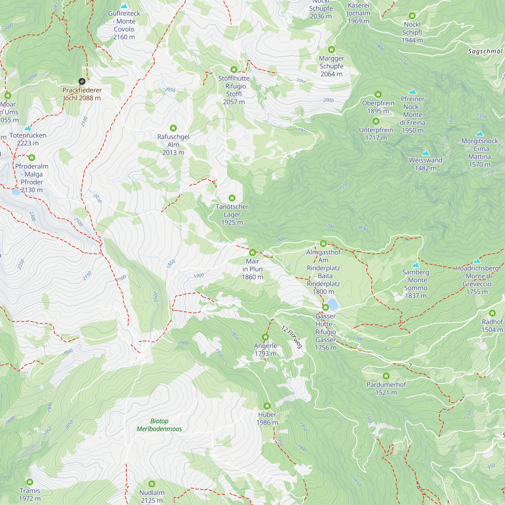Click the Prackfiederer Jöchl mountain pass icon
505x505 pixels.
[x=82, y=81]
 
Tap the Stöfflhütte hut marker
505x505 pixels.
[x=234, y=69]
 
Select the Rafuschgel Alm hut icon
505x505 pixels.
[x=173, y=128]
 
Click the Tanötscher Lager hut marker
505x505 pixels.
[x=232, y=198]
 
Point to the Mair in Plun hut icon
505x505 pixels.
[x=252, y=252]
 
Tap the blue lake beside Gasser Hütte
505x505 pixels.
[x=333, y=304]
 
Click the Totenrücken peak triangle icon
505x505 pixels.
[x=28, y=128]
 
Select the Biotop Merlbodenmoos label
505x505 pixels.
[x=159, y=425]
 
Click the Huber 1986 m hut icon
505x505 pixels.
[x=267, y=406]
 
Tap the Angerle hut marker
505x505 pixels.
[x=265, y=337]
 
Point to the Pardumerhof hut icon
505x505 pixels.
[x=386, y=376]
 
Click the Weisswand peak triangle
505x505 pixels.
[x=425, y=153]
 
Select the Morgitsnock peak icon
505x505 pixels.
[x=479, y=134]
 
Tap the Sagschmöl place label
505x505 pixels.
[x=485, y=52]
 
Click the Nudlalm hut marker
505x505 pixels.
[x=151, y=484]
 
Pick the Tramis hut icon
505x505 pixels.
[x=30, y=482]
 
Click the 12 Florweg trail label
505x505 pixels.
[x=292, y=337]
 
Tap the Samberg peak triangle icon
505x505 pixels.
[x=416, y=265]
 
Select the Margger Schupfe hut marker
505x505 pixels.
[x=331, y=49]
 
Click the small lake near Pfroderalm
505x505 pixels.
[x=16, y=192]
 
